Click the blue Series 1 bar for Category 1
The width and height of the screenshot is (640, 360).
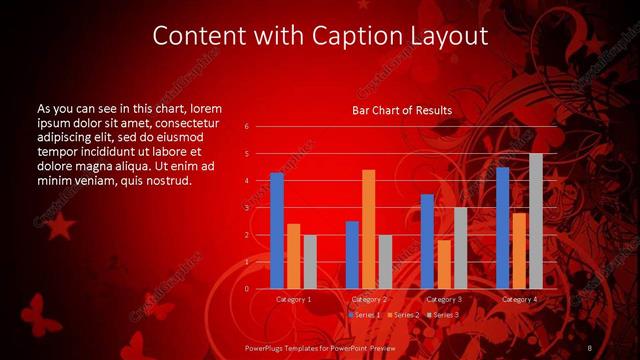(277, 231)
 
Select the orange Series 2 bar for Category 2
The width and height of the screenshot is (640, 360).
(368, 229)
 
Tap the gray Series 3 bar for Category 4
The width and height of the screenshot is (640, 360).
(535, 221)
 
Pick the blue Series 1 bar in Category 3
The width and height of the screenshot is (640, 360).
(427, 241)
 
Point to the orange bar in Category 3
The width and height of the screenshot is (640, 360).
(443, 264)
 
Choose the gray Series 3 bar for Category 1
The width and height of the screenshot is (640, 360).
(310, 262)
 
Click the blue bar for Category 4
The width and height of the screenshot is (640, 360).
(502, 228)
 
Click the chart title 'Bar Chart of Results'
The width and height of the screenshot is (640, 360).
(402, 110)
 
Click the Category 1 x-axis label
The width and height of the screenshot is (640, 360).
(294, 299)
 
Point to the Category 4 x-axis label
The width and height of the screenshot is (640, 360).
(519, 299)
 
